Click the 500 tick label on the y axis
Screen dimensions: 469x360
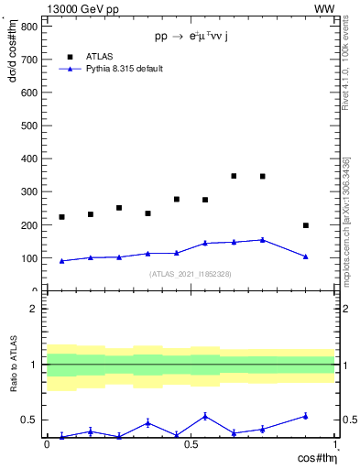[27, 125]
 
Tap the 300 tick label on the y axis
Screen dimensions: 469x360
[27, 191]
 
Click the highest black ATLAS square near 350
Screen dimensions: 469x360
[234, 176]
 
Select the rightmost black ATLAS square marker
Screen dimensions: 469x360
[306, 225]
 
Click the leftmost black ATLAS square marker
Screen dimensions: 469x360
[61, 217]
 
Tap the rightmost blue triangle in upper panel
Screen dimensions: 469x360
[306, 256]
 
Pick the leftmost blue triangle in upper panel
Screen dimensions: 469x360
[61, 261]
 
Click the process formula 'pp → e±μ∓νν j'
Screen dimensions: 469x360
[191, 38]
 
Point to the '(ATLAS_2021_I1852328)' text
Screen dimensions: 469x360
[191, 274]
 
